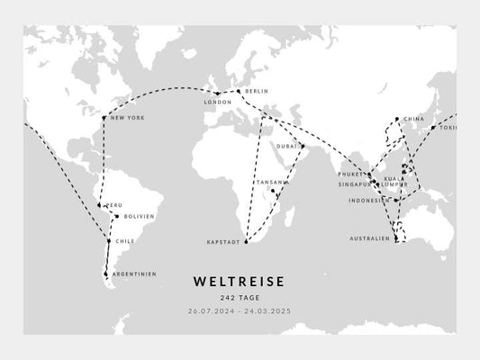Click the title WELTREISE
point(240,283)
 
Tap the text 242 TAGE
point(240,299)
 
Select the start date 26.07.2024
point(209,311)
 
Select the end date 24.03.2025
point(270,311)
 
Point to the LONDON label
point(218,102)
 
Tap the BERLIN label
point(257,91)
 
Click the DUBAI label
point(287,146)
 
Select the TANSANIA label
point(271,183)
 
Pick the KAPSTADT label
point(223,242)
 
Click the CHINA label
point(414,119)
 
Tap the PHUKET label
point(350,174)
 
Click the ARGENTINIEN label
point(133,274)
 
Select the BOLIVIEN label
point(139,216)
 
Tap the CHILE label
point(125,241)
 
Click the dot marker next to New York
point(104,118)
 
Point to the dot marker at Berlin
point(238,91)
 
